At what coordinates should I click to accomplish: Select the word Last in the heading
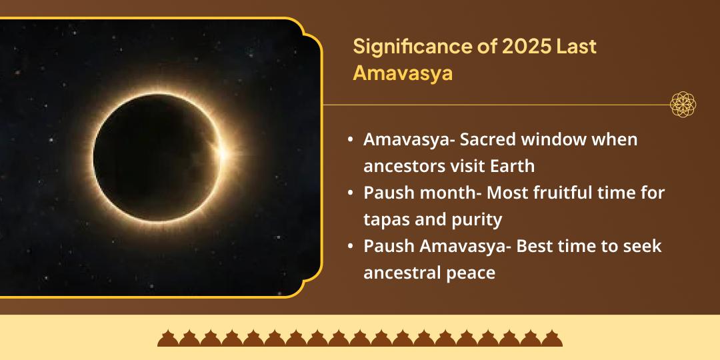pyautogui.click(x=577, y=47)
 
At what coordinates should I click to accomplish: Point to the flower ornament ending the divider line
pyautogui.click(x=683, y=105)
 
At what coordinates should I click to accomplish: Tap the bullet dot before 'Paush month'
pyautogui.click(x=351, y=193)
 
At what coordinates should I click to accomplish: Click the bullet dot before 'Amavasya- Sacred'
pyautogui.click(x=351, y=141)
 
